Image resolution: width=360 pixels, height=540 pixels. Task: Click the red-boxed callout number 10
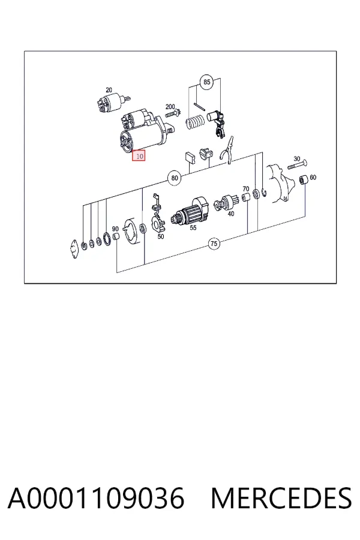(x=139, y=156)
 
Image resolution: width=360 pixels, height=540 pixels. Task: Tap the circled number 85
(x=206, y=82)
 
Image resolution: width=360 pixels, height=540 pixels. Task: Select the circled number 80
(x=175, y=178)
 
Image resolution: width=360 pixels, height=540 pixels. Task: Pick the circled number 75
(x=214, y=244)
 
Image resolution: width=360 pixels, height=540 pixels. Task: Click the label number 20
(x=109, y=90)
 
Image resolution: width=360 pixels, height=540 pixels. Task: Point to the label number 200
(x=170, y=107)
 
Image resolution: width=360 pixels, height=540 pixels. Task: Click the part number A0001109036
(x=96, y=498)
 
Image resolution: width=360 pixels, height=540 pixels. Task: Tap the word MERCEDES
(x=281, y=498)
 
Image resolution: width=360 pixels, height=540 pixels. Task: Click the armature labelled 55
(x=191, y=211)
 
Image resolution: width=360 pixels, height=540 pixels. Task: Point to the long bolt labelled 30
(x=298, y=164)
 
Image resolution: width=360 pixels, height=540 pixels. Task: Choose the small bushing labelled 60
(x=304, y=179)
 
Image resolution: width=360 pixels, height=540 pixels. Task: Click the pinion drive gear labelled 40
(x=226, y=202)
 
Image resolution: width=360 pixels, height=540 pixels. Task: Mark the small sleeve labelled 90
(x=116, y=236)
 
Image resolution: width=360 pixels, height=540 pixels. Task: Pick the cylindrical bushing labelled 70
(x=245, y=197)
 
